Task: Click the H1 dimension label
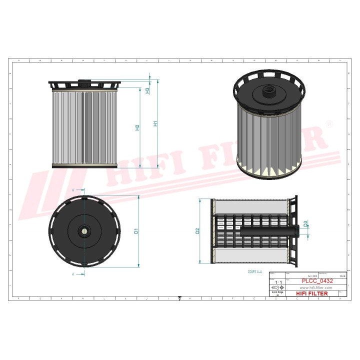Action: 155,123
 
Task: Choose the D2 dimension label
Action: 197,230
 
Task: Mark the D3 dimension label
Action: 305,223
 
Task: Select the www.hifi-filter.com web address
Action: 316,288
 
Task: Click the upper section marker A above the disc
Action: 73,190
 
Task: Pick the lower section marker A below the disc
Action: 73,274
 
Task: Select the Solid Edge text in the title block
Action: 277,294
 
